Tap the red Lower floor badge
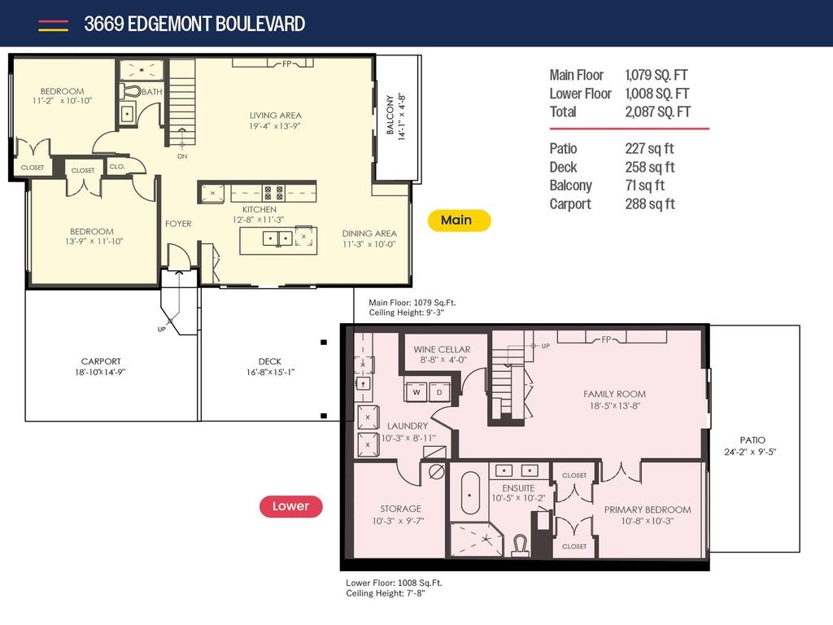290,506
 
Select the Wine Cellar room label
442,349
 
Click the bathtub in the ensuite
471,492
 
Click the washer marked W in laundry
416,391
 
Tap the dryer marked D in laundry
439,391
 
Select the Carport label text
101,361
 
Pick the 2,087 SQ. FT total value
657,112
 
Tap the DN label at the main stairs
181,156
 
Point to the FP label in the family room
606,339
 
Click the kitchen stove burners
273,194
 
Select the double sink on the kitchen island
278,238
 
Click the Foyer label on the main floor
178,224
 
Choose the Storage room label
400,509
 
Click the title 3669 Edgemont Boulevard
194,24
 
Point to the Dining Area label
369,234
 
